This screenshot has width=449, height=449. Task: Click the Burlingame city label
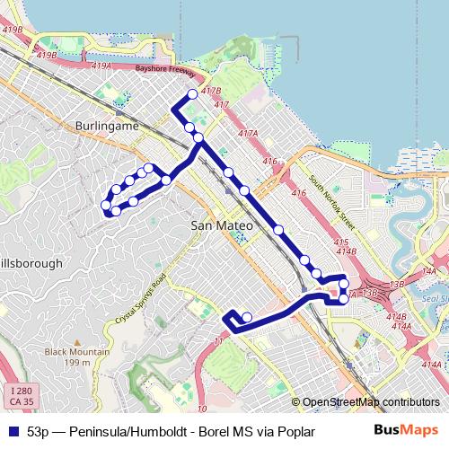(108, 127)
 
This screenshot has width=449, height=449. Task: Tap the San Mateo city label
(219, 227)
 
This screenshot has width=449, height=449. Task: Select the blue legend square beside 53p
(12, 432)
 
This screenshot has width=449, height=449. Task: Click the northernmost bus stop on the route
(192, 95)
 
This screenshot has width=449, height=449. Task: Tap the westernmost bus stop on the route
(107, 206)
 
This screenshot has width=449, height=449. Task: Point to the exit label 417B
(212, 92)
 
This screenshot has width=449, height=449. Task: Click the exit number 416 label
(270, 161)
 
